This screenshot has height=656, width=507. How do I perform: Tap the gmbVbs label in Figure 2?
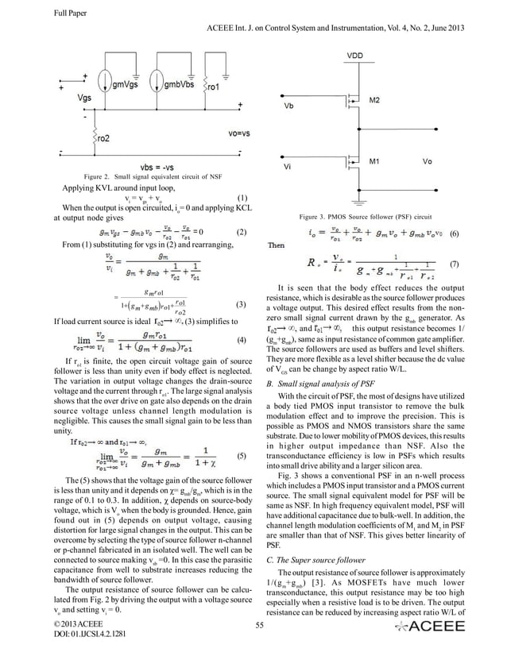[x=182, y=83]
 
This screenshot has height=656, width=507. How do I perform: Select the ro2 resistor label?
[x=104, y=137]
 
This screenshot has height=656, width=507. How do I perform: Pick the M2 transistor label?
[x=374, y=99]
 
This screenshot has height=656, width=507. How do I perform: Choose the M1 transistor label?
[x=374, y=161]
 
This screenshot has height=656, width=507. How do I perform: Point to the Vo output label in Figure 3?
[x=428, y=161]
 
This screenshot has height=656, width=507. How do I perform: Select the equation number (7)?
[x=454, y=264]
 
